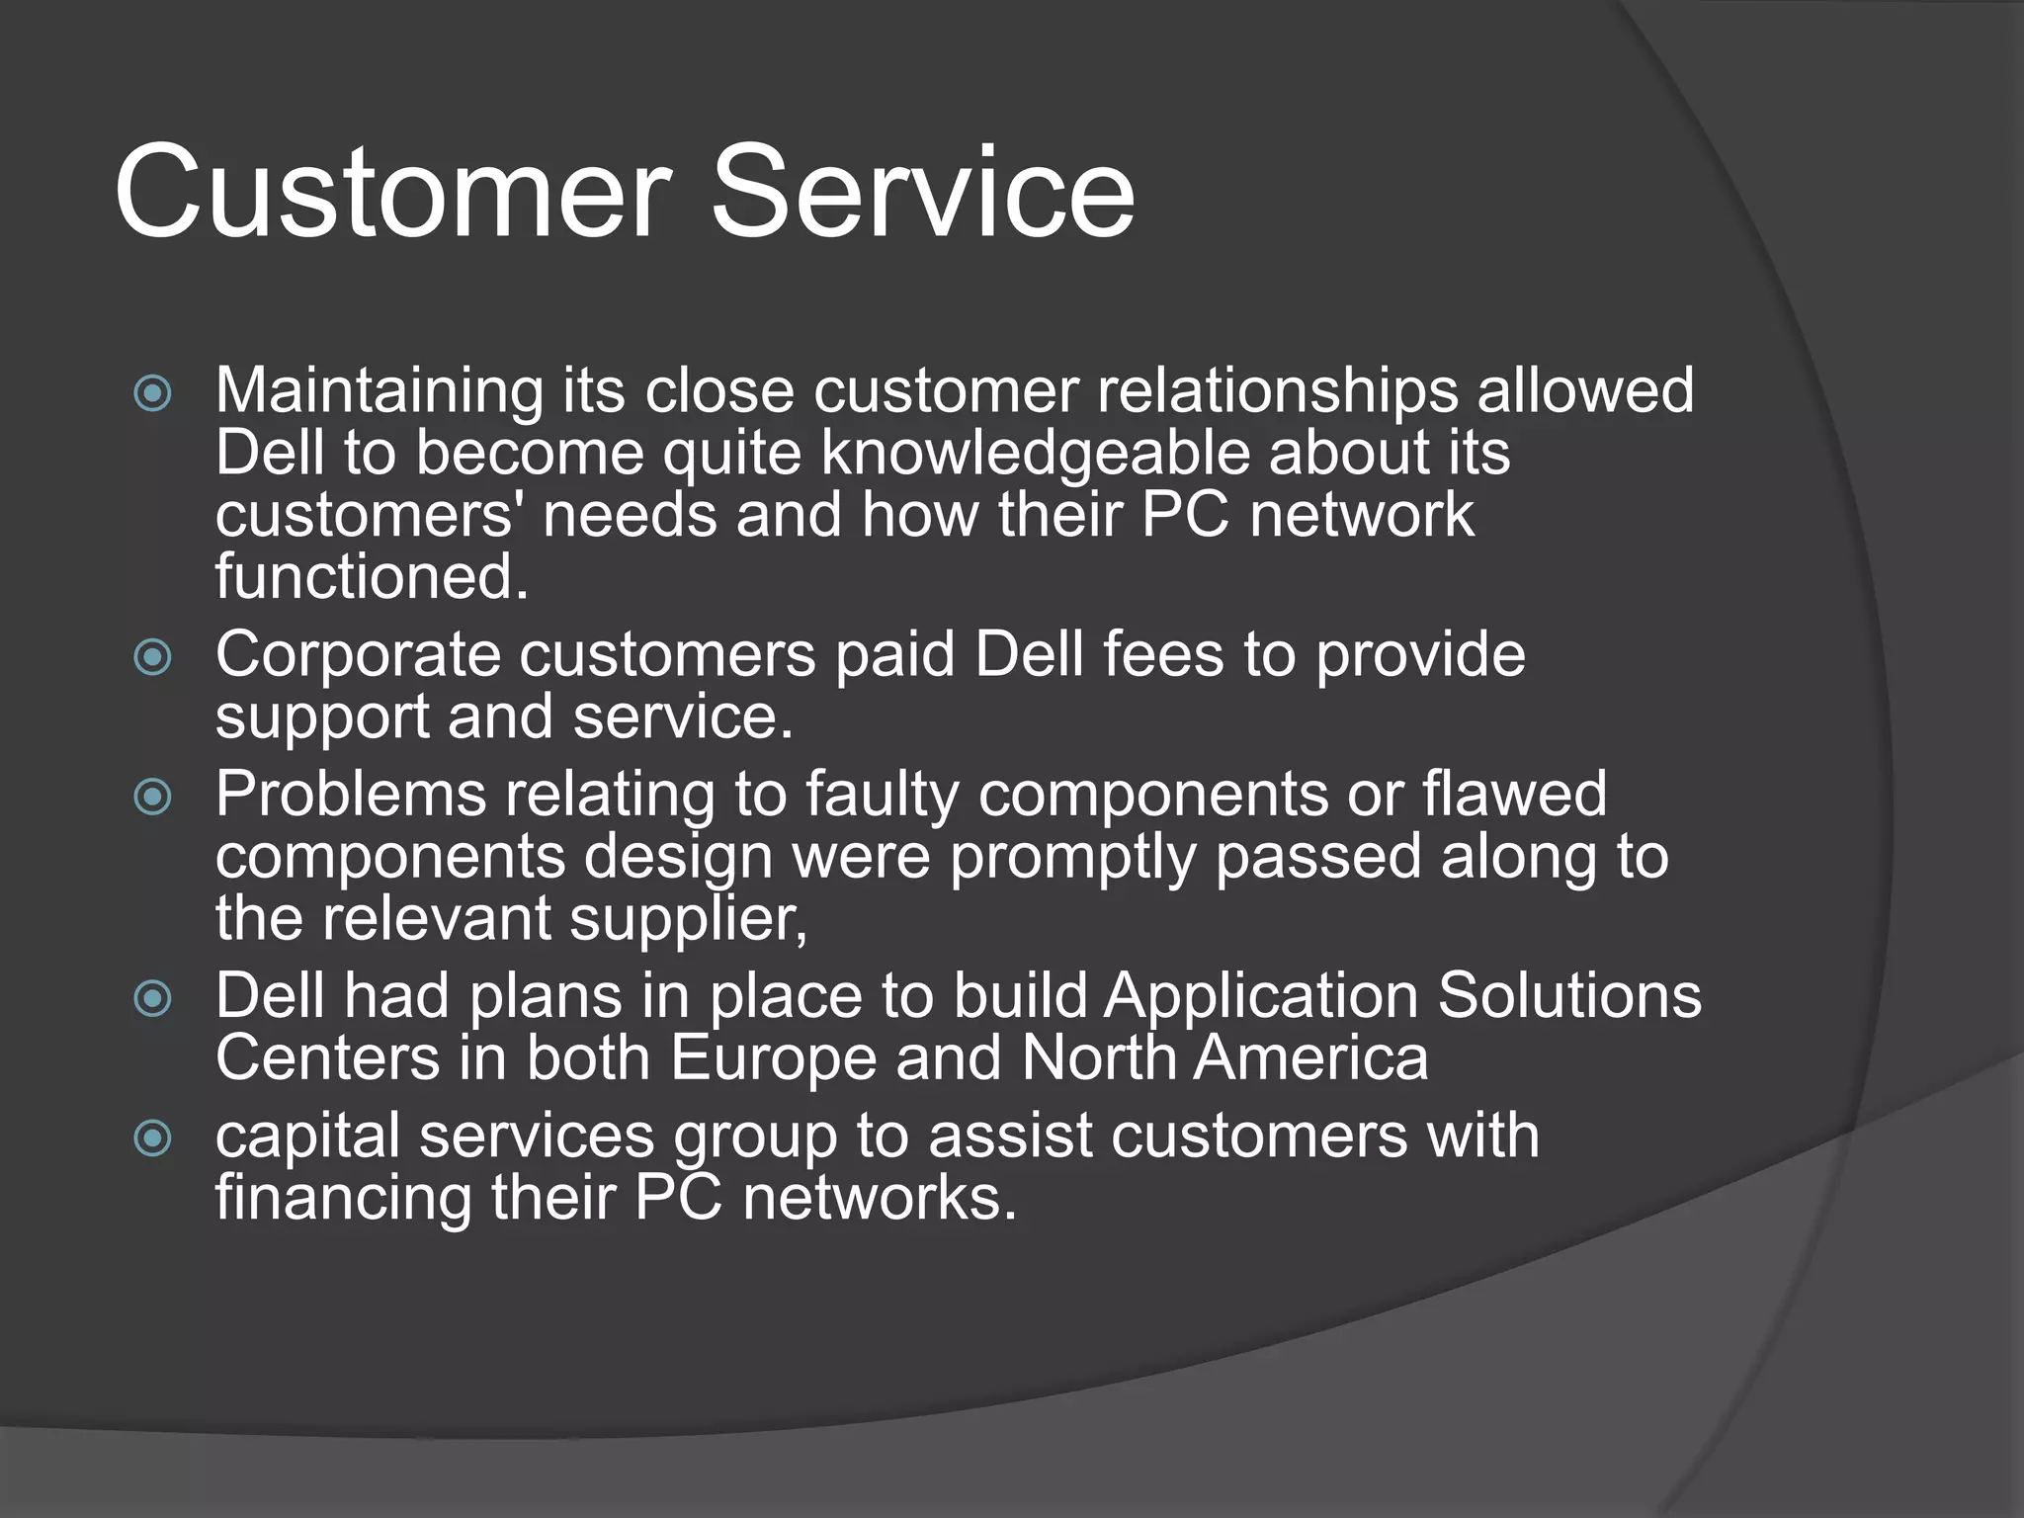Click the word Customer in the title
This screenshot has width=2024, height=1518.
pos(393,192)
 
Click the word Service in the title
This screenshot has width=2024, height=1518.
pos(922,192)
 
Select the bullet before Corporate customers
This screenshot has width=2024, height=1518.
pos(152,657)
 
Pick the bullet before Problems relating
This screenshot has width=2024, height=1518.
pos(152,797)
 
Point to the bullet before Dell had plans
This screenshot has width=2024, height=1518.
pos(152,998)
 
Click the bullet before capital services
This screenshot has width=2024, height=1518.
pos(152,1138)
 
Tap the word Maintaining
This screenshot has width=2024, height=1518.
pos(379,391)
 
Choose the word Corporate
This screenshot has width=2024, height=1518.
pos(358,656)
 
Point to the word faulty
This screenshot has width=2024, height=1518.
pos(882,796)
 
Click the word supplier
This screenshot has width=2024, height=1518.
pos(688,919)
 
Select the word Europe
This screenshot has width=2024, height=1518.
pos(773,1059)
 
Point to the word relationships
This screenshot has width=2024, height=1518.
pos(1277,391)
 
